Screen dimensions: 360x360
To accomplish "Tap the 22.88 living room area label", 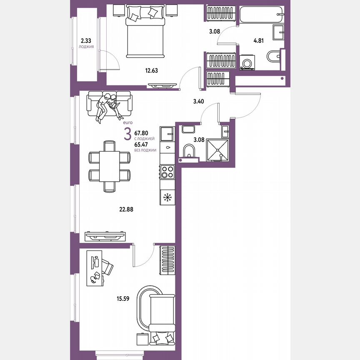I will point(125,210).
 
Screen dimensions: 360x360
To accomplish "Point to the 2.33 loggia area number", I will point(86,41).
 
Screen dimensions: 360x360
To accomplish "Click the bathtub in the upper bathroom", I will point(262,16).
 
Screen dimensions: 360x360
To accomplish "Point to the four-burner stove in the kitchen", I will point(167,172).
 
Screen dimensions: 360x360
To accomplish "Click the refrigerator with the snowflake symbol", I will point(167,197).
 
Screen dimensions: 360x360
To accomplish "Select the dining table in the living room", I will point(110,166).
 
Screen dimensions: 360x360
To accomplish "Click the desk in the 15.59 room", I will point(92,268).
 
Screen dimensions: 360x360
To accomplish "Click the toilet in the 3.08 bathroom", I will point(189,152).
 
